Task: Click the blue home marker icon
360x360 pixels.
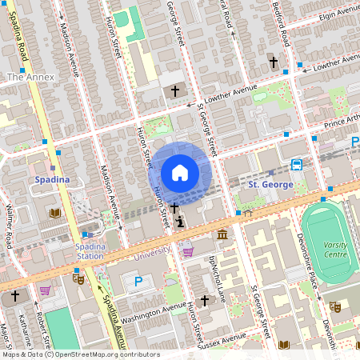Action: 179,172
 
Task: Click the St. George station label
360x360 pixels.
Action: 266,184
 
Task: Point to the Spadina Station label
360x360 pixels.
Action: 90,251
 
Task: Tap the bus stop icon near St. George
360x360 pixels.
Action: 296,165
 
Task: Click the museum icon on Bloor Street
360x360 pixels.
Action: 221,234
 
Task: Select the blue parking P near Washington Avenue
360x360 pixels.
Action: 138,282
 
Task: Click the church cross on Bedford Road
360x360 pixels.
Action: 273,62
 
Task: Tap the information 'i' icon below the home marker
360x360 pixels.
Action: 181,222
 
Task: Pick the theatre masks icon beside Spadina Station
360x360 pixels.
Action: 78,278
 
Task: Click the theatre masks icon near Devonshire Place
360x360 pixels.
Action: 335,306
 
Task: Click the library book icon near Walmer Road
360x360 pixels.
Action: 55,213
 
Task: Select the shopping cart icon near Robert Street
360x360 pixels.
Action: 45,290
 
